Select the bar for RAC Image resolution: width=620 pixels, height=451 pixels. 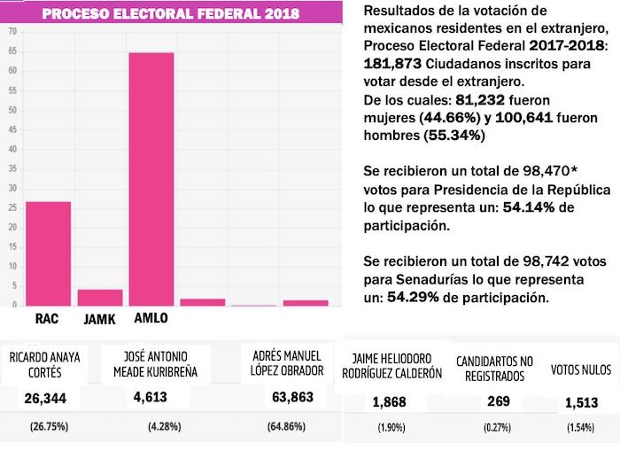point(48,253)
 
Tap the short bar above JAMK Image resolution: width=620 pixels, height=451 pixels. point(99,297)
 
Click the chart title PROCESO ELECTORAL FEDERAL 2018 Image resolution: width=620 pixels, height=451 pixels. point(170,14)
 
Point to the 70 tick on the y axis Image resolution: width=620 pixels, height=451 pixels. point(12,31)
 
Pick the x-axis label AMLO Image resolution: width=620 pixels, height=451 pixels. point(150,318)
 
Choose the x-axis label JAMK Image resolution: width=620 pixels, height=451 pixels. point(97,318)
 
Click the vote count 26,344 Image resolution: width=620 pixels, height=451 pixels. point(44,397)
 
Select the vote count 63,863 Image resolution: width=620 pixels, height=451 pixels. point(292,397)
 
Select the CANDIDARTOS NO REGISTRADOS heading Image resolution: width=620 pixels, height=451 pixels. point(493,369)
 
